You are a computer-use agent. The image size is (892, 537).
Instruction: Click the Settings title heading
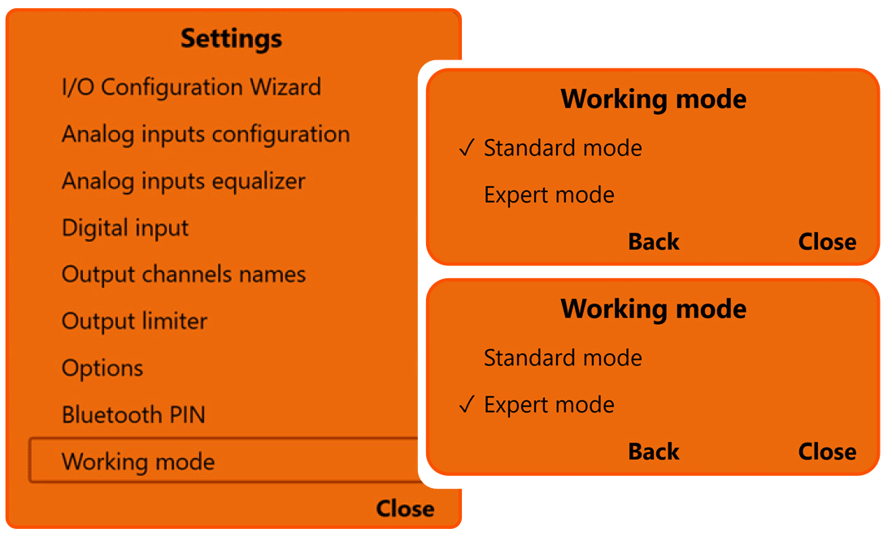pos(232,38)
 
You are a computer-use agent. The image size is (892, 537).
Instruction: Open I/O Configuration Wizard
pos(191,87)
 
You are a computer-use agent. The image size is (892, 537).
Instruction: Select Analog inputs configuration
pos(206,134)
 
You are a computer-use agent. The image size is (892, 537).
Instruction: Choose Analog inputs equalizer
pos(184,181)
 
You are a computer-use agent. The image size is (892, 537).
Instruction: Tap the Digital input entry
pos(125,228)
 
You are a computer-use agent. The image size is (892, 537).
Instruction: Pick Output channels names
pos(184,274)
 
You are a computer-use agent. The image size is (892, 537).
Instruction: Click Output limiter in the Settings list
pos(135,321)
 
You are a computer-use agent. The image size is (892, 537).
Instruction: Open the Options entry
pos(102,368)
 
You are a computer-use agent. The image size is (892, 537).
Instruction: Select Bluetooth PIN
pos(133,415)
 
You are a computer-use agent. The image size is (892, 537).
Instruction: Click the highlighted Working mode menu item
pos(138,462)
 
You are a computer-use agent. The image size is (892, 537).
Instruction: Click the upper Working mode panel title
pos(653,99)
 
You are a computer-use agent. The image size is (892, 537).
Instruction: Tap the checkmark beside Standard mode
pos(466,148)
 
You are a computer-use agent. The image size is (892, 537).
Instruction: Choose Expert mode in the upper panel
pos(549,195)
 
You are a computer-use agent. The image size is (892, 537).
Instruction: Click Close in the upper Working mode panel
pos(827,242)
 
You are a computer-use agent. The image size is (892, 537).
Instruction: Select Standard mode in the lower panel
pos(563,358)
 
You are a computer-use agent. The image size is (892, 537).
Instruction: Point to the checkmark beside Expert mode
pos(466,405)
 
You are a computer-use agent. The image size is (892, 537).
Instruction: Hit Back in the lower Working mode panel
pos(654,452)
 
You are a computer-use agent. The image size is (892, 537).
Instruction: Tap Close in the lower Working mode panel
pos(827,452)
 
